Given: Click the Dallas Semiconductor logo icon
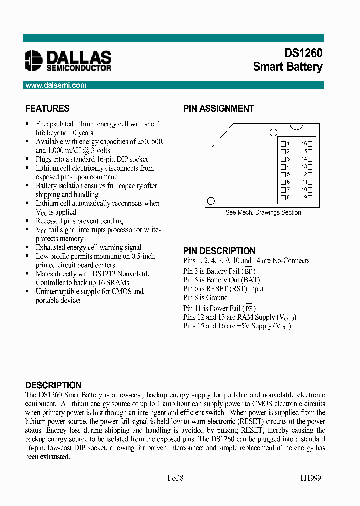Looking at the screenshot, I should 34,60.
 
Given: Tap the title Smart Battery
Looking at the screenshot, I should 287,67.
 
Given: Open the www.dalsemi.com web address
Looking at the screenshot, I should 56,85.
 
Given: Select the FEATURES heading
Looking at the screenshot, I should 47,108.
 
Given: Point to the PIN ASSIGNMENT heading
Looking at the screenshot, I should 218,108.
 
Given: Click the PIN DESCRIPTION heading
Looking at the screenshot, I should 219,251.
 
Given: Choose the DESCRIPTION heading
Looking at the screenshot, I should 53,385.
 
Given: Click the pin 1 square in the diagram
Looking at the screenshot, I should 283,143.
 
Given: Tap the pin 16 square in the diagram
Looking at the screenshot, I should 310,143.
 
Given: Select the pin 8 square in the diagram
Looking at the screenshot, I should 283,198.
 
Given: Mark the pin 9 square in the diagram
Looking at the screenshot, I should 310,198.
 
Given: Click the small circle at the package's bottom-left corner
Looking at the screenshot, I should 211,201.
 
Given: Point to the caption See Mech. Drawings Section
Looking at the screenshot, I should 263,212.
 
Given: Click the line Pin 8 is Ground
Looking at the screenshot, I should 205,298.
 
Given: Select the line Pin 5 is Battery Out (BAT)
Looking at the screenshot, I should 221,280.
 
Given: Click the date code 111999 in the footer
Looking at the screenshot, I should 310,478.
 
